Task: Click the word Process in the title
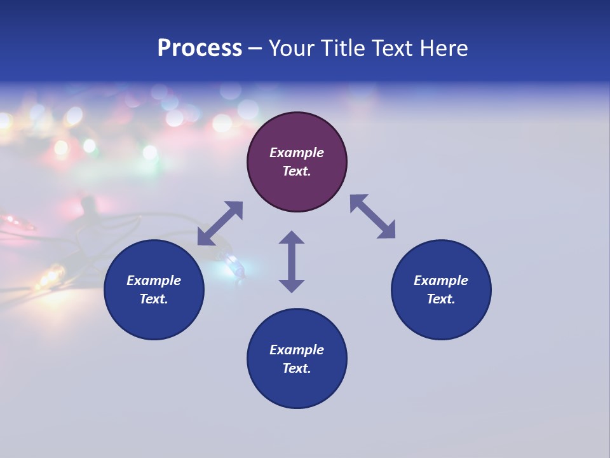pyautogui.click(x=200, y=48)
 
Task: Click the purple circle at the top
pyautogui.click(x=297, y=134)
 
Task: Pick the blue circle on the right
pyautogui.click(x=441, y=318)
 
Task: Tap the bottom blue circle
pyautogui.click(x=297, y=388)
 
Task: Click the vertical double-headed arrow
pyautogui.click(x=292, y=261)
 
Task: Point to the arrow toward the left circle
pyautogui.click(x=220, y=223)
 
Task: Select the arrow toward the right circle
pyautogui.click(x=372, y=216)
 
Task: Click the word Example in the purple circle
pyautogui.click(x=297, y=153)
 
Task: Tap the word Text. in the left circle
pyautogui.click(x=154, y=299)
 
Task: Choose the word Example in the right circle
pyautogui.click(x=441, y=281)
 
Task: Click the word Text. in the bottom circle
pyautogui.click(x=297, y=368)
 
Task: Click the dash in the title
pyautogui.click(x=255, y=49)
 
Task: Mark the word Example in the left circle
pyautogui.click(x=154, y=281)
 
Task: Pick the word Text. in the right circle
pyautogui.click(x=441, y=299)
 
